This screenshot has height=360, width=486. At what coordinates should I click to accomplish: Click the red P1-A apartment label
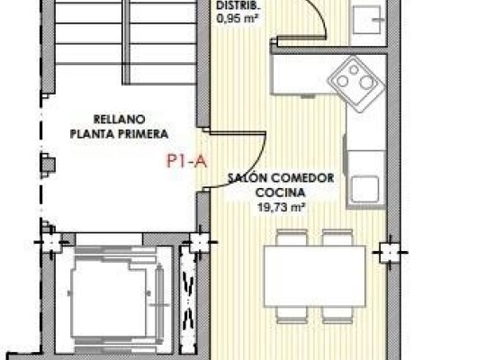[187, 162]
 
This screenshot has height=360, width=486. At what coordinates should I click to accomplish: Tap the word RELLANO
[119, 118]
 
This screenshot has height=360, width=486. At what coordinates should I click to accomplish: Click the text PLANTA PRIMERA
[119, 132]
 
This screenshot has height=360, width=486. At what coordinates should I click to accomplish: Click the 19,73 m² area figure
[281, 206]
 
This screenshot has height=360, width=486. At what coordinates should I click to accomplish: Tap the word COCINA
[281, 193]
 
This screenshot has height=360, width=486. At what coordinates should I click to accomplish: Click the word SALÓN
[246, 178]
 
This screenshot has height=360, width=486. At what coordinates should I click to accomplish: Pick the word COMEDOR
[303, 178]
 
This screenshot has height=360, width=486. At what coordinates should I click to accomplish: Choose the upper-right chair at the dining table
[337, 238]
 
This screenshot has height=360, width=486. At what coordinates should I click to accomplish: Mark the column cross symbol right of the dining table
[389, 250]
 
